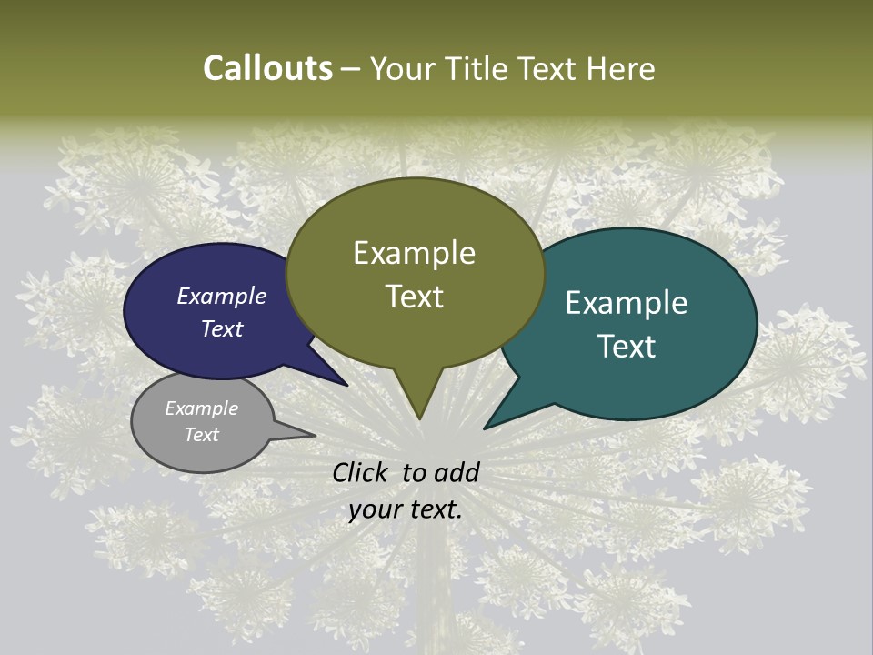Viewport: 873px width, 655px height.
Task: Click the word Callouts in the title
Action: pyautogui.click(x=267, y=68)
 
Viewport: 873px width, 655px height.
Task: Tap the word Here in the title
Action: pyautogui.click(x=620, y=68)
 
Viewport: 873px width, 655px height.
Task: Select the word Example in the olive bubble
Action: pyautogui.click(x=414, y=253)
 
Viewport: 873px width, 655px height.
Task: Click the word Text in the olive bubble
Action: pyautogui.click(x=414, y=297)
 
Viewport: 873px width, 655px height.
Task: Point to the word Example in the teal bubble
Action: pyautogui.click(x=627, y=303)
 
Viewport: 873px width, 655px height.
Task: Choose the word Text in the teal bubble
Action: pyautogui.click(x=627, y=347)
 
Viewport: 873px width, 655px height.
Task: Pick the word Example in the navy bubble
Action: pyautogui.click(x=222, y=297)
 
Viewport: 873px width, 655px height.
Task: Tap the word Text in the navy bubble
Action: pyautogui.click(x=222, y=328)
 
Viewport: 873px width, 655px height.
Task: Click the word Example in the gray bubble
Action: pyautogui.click(x=202, y=408)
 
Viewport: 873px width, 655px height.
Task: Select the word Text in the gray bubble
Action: pyautogui.click(x=202, y=435)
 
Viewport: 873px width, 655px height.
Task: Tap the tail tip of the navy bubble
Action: pyautogui.click(x=346, y=385)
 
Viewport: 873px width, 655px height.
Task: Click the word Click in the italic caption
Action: pyautogui.click(x=362, y=472)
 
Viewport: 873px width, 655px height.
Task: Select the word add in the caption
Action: pyautogui.click(x=457, y=472)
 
